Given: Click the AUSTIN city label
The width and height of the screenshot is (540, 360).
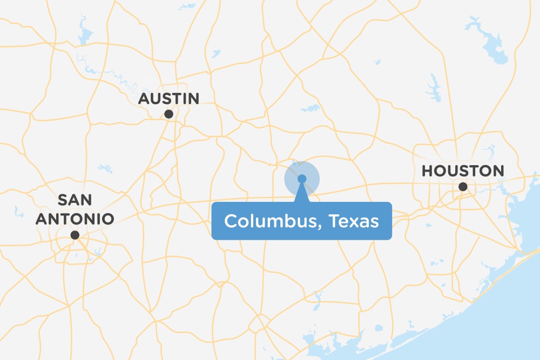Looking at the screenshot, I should pos(169,99).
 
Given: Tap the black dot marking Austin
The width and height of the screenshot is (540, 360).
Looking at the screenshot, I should pos(168,114).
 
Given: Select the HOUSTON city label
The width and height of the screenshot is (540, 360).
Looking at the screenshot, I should pos(462,172).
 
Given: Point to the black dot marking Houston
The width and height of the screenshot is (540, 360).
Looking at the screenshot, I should pos(463,187).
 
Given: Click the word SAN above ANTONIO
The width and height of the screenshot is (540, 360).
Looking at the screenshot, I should pos(75,200).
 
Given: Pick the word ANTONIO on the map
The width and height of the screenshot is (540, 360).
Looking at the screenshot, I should pos(75,219).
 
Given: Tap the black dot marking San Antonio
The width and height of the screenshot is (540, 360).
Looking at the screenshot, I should pos(75,235).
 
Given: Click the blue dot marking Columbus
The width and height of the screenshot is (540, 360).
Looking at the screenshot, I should pos(302,179).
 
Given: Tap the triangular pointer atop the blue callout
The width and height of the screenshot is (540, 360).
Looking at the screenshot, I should pos(302,194).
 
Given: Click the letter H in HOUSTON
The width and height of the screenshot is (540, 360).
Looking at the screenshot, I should pos(428,172).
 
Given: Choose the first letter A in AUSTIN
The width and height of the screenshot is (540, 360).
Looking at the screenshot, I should pos(144,99).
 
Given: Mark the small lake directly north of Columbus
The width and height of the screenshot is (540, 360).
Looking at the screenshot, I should pos(311,108).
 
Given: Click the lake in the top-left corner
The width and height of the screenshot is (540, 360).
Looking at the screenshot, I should pos(84,33).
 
